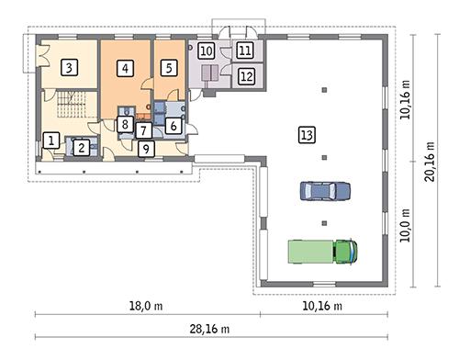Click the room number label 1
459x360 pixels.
(x=52, y=141)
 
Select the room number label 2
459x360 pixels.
(x=82, y=146)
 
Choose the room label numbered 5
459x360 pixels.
(x=169, y=67)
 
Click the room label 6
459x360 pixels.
(x=174, y=126)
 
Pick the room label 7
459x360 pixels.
(x=144, y=130)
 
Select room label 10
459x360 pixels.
(x=206, y=51)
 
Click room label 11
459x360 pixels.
(x=246, y=51)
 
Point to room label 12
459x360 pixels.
(x=246, y=76)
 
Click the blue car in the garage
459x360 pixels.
(x=325, y=191)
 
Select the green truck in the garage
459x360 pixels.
(x=321, y=251)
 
